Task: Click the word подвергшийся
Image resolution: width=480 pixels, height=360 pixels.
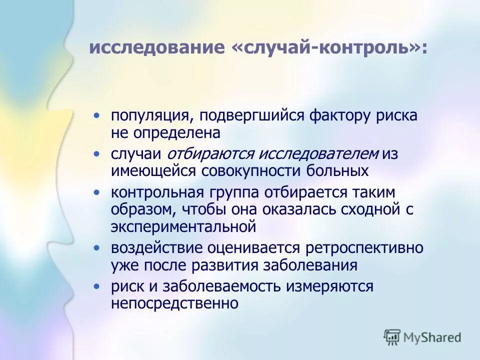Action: click(x=252, y=116)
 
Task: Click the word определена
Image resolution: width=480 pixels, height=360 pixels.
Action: click(x=176, y=132)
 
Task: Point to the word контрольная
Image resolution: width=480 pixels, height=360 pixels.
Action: click(x=157, y=193)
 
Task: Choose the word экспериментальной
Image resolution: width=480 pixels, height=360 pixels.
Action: click(x=183, y=226)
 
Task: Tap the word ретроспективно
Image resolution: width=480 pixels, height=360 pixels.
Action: click(x=364, y=248)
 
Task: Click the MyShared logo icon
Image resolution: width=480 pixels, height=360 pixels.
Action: click(x=392, y=337)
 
